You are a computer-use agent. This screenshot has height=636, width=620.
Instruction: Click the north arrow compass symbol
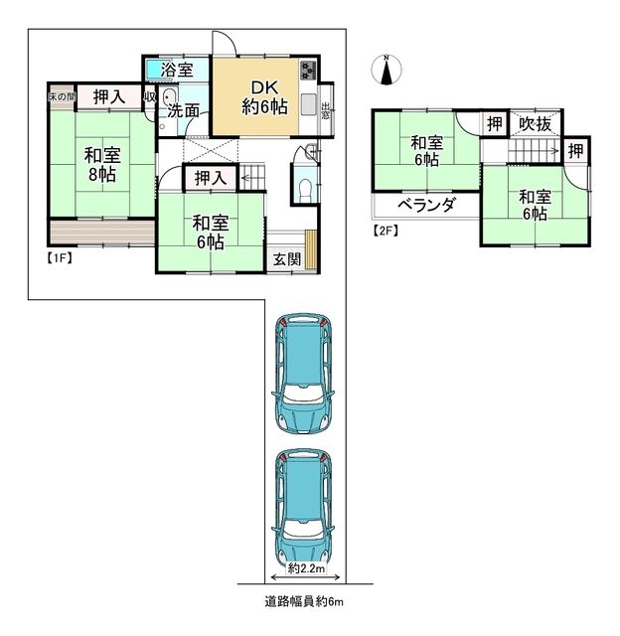[387, 69]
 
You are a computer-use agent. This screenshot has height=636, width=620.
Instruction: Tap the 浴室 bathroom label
[178, 71]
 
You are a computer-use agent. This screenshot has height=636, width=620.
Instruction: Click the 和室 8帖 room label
[101, 164]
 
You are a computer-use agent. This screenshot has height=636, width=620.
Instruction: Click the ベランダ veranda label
[426, 206]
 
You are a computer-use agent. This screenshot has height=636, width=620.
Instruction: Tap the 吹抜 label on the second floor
[537, 124]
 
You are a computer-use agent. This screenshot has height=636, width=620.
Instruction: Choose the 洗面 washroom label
[185, 110]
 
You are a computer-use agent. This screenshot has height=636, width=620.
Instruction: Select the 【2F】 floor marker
[386, 232]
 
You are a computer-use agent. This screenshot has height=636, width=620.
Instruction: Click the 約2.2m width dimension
[305, 569]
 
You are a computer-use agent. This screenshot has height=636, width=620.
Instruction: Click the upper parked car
[305, 372]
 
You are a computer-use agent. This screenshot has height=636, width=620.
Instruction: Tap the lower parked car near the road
[305, 504]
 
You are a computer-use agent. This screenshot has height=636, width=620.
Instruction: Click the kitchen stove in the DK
[306, 72]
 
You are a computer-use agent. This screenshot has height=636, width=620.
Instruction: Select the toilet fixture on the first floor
[305, 188]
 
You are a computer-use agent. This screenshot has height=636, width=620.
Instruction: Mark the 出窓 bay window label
[326, 109]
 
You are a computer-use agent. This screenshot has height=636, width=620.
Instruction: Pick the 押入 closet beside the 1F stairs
[210, 179]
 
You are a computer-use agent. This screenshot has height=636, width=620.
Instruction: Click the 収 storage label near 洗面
[149, 96]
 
